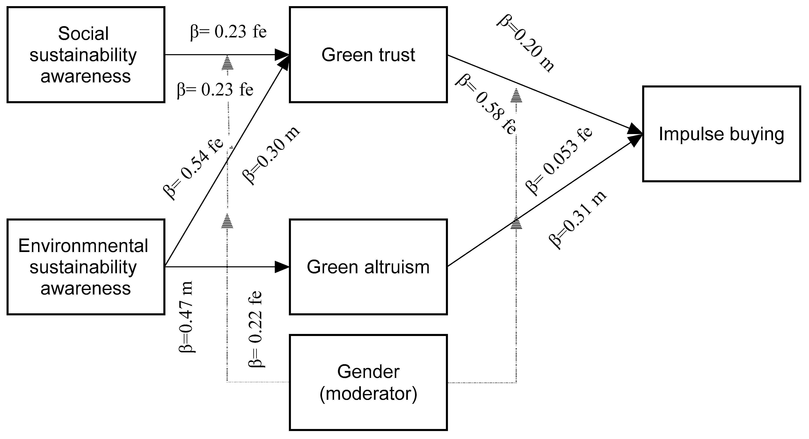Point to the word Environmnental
(83, 246)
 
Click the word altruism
(397, 267)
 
